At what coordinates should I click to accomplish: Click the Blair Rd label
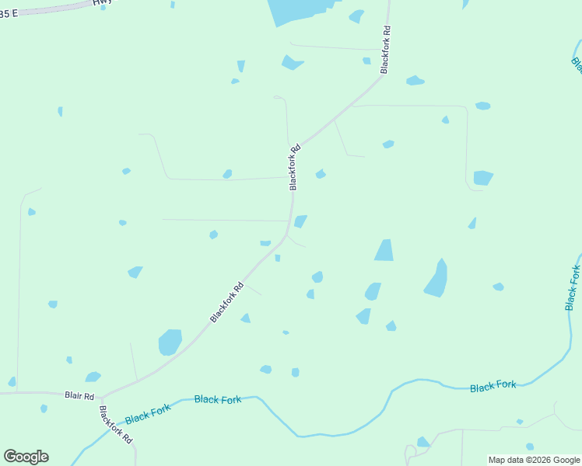click(79, 395)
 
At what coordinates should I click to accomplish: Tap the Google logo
click(26, 457)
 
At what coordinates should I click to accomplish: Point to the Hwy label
click(102, 3)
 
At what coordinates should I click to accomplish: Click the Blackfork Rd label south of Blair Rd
click(116, 424)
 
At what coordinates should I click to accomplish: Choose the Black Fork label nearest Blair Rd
click(147, 414)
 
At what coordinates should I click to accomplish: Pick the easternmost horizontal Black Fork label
click(493, 385)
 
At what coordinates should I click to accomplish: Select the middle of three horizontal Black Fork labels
click(218, 399)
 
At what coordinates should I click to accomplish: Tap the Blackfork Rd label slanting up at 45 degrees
click(227, 302)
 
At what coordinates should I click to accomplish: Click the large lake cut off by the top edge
click(300, 11)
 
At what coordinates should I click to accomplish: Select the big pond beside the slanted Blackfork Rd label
click(170, 342)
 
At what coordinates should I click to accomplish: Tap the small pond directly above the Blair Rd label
click(93, 377)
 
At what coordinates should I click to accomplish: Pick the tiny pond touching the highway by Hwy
click(103, 8)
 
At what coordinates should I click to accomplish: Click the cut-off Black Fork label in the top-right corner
click(577, 64)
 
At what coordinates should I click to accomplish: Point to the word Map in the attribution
click(497, 460)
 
